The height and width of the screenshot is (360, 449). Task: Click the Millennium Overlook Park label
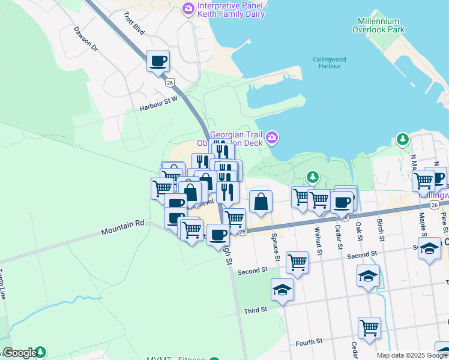(379, 25)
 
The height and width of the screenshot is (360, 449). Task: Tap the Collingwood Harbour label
(330, 62)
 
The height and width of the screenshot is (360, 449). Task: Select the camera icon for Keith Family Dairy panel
(188, 9)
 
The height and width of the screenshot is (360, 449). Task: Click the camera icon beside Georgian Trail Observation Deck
(272, 139)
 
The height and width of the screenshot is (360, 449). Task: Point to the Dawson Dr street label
(85, 38)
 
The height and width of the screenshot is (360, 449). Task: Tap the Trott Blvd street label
(134, 23)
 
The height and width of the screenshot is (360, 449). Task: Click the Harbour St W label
(159, 104)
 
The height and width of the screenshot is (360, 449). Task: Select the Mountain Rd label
(122, 227)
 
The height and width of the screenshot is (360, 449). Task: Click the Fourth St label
(310, 343)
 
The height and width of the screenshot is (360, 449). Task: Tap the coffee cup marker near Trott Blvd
(158, 61)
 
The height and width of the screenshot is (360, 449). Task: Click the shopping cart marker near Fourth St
(369, 328)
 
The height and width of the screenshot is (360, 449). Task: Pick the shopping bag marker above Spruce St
(261, 202)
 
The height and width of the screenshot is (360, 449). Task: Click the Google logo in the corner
(19, 353)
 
